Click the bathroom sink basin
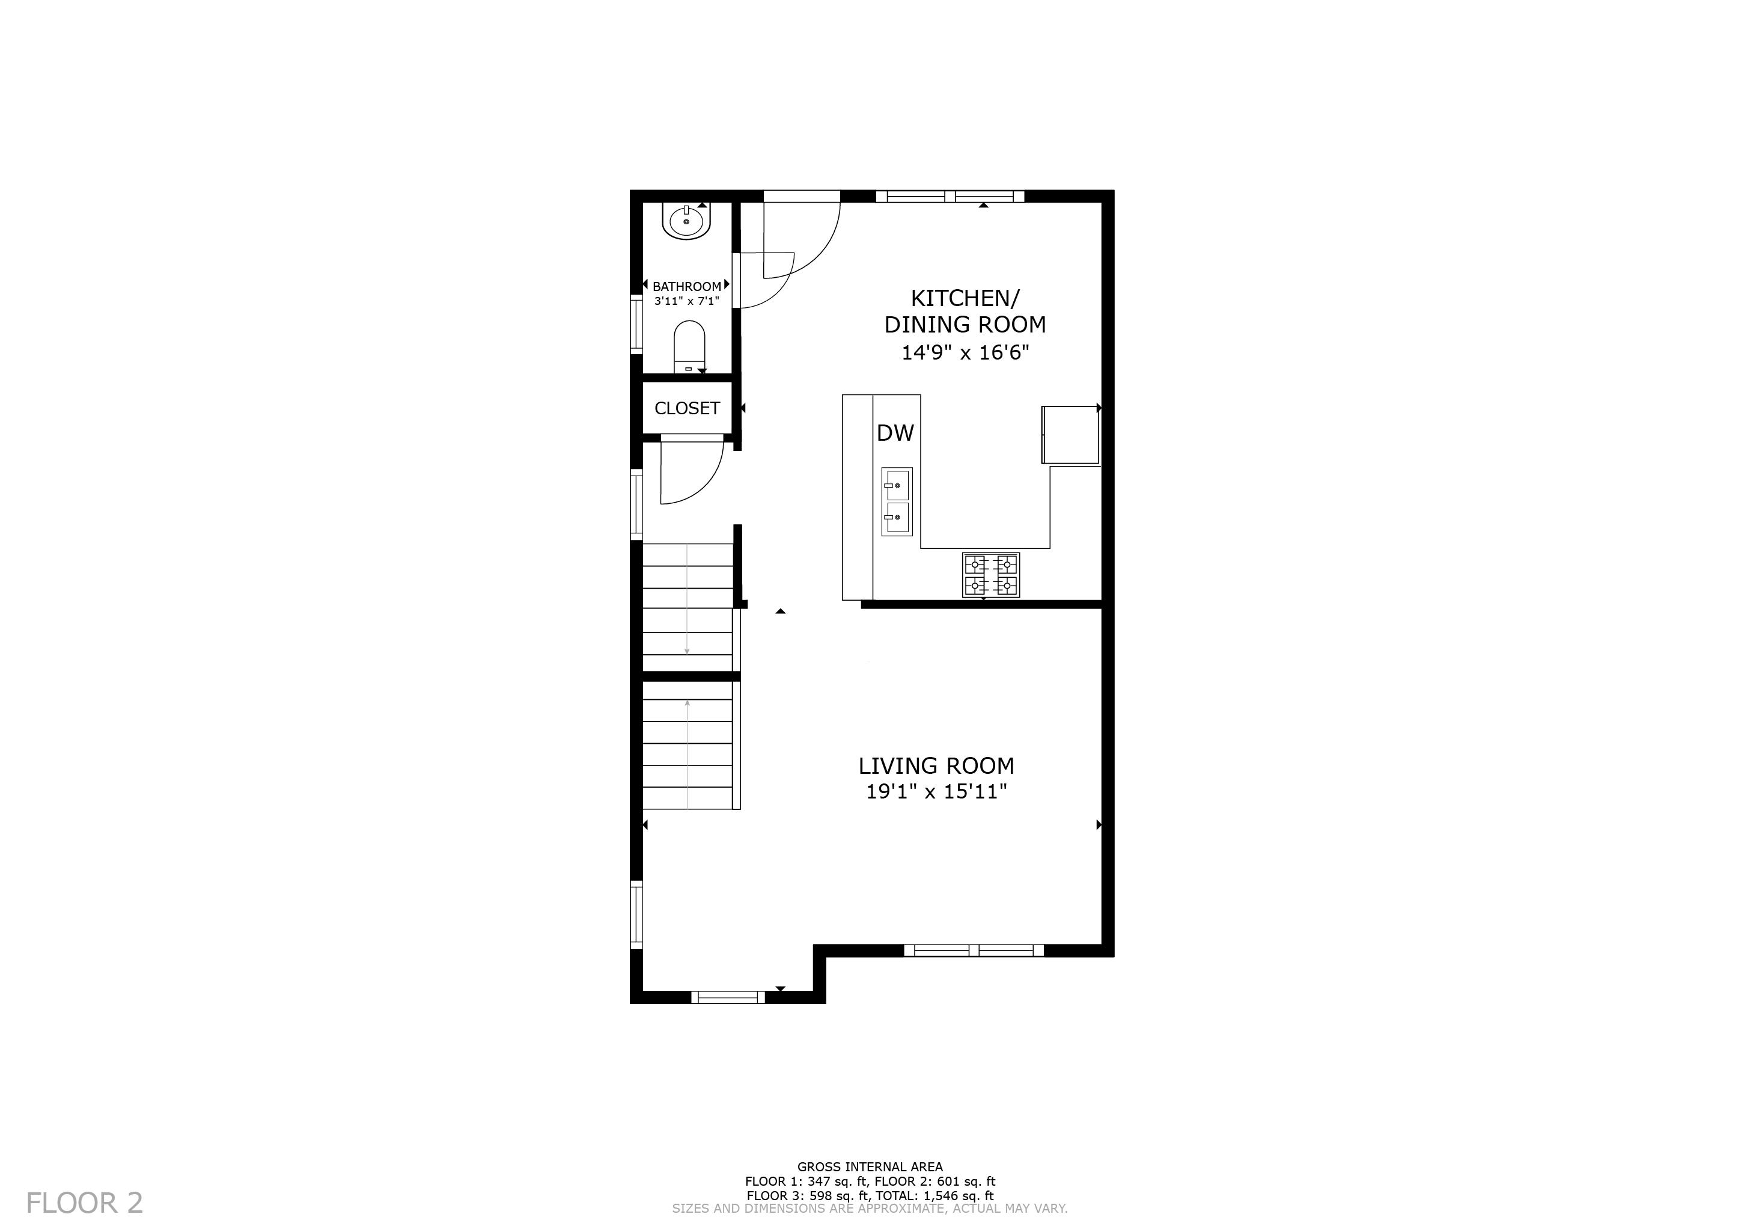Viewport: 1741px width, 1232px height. pos(686,221)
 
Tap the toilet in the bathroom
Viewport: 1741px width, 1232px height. pos(689,347)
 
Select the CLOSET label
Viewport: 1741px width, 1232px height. pos(687,408)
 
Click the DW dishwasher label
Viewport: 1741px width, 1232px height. pos(895,433)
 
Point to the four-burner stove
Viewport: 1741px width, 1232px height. pos(991,575)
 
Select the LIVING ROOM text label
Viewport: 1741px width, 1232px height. pos(936,765)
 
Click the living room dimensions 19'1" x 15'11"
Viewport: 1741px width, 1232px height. pos(936,792)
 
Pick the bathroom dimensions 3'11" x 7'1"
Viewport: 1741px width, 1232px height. pos(687,301)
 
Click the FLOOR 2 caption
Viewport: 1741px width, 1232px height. pos(84,1203)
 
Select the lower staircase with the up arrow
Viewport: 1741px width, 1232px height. pos(688,745)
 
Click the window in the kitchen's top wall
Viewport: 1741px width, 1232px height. pos(950,197)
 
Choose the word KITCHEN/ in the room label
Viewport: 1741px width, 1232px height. pos(965,298)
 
